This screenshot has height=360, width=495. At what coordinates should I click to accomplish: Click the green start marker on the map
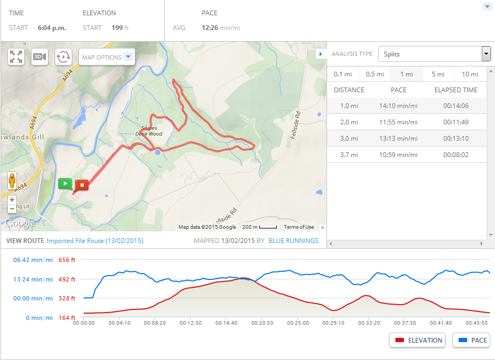point(65,183)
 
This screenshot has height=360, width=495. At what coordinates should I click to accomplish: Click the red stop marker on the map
point(82,185)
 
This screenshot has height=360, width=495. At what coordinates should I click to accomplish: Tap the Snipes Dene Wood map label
point(148,131)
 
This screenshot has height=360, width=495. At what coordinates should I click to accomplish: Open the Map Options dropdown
point(106,57)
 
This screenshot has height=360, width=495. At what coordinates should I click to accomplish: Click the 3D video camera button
point(39,57)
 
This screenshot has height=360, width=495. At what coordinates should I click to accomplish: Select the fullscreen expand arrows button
point(16,57)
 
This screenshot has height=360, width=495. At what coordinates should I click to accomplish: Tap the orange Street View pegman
point(12,181)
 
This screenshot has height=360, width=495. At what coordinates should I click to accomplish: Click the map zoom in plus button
point(12,200)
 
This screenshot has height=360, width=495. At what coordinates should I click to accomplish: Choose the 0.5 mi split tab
point(374,74)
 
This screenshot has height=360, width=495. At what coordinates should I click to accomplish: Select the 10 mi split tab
point(470,74)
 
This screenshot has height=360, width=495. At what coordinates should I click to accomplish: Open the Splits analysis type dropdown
point(434,54)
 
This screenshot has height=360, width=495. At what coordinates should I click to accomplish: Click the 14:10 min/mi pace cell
point(398,106)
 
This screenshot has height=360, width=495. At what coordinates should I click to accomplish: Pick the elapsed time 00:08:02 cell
point(456,155)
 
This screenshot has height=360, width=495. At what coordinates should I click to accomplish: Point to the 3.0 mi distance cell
point(349,139)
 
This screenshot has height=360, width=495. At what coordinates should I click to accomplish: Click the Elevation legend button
point(417,340)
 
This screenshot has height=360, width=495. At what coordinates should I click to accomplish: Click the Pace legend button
point(471,340)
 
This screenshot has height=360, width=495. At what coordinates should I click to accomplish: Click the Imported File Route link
point(95,241)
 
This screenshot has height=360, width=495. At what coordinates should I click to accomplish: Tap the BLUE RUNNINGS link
point(293,241)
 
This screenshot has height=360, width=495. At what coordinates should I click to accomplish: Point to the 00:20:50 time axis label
point(263,323)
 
